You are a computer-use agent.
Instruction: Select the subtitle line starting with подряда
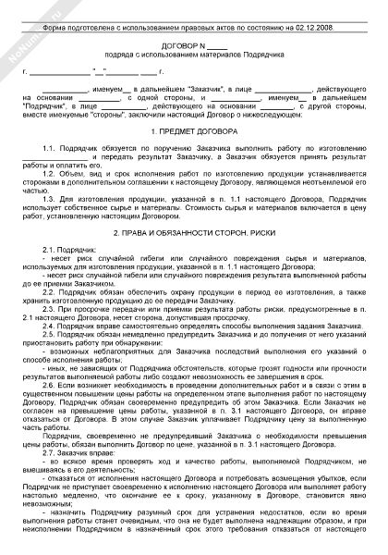click(x=193, y=53)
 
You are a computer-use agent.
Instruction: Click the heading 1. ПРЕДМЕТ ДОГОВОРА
click(x=193, y=133)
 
